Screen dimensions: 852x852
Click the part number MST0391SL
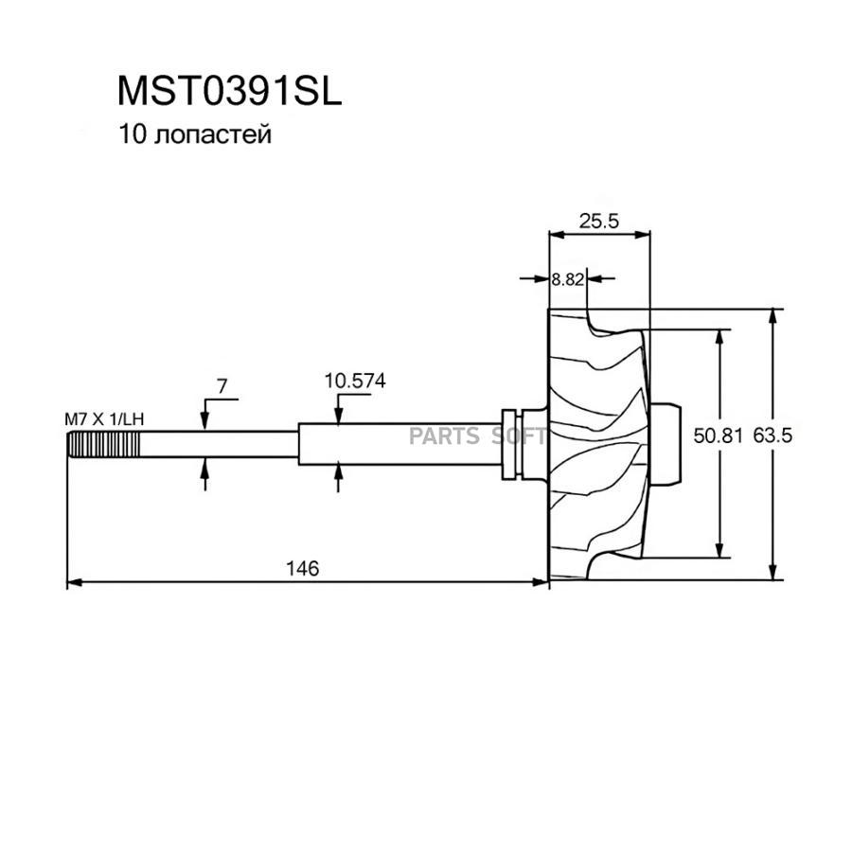point(228,91)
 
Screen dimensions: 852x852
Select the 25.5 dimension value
point(598,222)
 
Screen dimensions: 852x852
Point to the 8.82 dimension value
point(568,279)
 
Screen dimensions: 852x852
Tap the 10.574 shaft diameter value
point(355,382)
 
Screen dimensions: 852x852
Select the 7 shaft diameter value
point(222,386)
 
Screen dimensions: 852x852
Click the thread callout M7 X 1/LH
point(103,417)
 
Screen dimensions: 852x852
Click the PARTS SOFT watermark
point(477,436)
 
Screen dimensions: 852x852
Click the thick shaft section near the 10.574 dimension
point(398,445)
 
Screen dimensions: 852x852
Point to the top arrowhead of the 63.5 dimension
point(774,315)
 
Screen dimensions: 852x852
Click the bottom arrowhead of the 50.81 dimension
point(721,554)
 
